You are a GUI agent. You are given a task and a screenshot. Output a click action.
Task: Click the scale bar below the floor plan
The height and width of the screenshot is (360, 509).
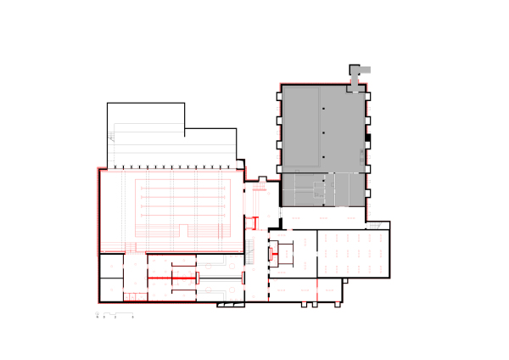(119, 316)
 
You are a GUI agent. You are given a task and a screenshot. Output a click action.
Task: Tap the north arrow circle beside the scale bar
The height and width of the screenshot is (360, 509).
(98, 316)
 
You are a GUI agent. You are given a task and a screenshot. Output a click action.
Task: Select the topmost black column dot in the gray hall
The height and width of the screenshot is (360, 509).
(324, 110)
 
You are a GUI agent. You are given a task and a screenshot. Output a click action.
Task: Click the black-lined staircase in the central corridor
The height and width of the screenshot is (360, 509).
(251, 250)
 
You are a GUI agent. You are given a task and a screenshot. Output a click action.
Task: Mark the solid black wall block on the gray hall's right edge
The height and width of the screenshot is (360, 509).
(368, 138)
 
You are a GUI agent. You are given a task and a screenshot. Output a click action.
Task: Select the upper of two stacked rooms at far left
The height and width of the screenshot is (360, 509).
(111, 267)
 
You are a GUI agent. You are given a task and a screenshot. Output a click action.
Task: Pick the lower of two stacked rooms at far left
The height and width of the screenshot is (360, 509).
(111, 290)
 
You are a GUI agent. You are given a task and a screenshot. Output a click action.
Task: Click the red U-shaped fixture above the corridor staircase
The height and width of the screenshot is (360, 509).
(251, 222)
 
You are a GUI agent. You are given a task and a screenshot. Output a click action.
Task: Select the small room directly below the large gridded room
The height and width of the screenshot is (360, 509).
(331, 289)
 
